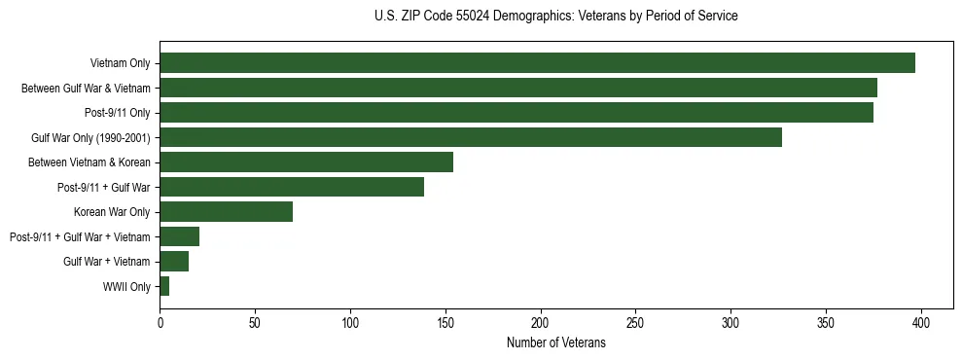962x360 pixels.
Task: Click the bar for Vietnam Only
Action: (537, 63)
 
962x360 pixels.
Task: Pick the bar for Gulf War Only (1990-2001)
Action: (471, 137)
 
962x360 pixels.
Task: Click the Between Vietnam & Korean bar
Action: (306, 162)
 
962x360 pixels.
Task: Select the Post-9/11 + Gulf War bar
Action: (292, 187)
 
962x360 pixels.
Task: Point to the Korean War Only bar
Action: (227, 212)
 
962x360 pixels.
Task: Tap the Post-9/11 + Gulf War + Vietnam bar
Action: (180, 236)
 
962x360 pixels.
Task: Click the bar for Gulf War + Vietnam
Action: (174, 261)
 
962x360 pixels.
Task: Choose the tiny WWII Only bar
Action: (164, 286)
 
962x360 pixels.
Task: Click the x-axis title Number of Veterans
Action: (555, 343)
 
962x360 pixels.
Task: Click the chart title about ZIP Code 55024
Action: (555, 17)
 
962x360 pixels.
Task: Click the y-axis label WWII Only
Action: (126, 286)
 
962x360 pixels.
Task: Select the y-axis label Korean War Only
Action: (112, 212)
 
